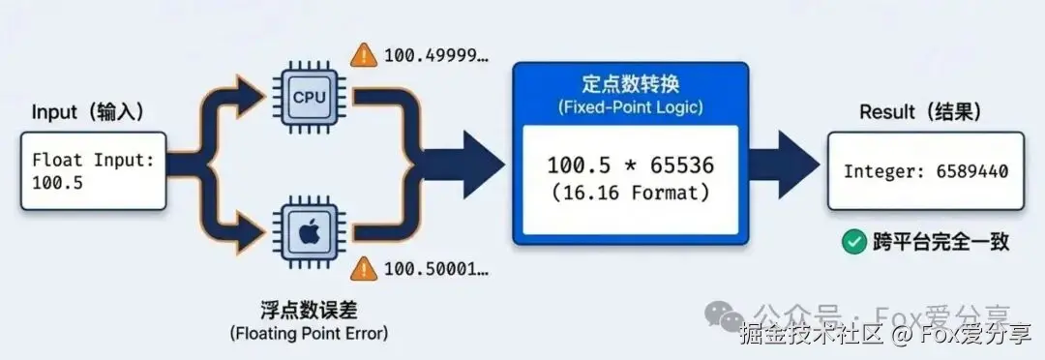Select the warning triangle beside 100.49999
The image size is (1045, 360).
coord(364,54)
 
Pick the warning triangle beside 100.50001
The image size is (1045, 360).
coord(364,268)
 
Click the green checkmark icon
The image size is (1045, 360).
coord(853,242)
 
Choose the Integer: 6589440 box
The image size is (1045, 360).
coord(926,171)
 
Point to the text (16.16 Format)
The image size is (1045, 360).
coord(631,193)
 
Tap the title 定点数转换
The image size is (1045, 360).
coord(630,85)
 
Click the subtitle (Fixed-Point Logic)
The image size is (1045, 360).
coord(630,107)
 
